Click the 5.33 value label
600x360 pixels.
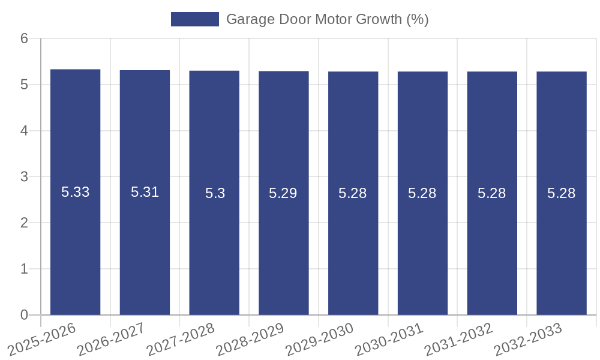pos(75,193)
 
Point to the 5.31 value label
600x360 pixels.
pos(145,193)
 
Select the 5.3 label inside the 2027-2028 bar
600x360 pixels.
pos(214,193)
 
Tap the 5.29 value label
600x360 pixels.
pos(283,193)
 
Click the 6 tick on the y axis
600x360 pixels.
pos(24,38)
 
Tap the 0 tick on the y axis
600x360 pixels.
pos(24,315)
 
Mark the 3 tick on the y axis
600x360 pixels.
pos(24,177)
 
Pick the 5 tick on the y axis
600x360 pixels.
pos(24,85)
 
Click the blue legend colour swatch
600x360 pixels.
pos(195,19)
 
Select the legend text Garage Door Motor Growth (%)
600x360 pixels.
pos(327,19)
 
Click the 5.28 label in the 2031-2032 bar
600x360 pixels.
pos(492,193)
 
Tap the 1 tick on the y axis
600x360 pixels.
pos(24,269)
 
